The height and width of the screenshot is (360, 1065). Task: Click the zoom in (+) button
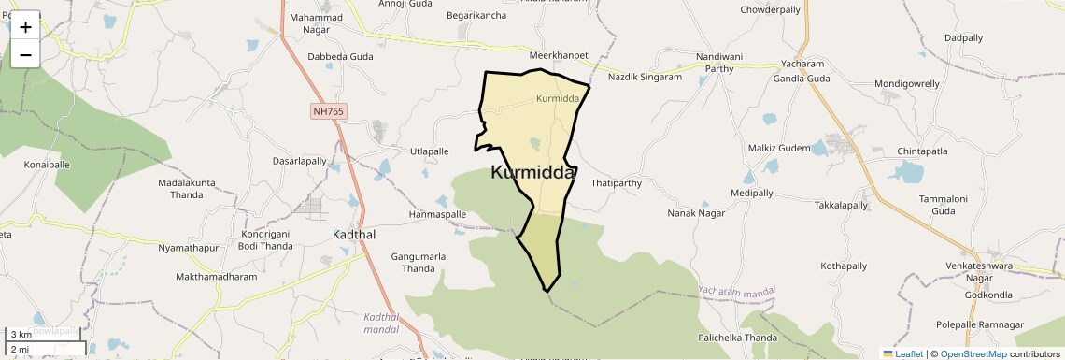coord(25,27)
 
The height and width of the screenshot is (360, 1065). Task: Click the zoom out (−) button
coord(25,55)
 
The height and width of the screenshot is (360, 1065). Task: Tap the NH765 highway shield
coord(328,111)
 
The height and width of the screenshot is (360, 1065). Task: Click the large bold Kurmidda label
coord(532,172)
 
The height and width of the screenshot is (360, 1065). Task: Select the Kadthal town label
coord(354,235)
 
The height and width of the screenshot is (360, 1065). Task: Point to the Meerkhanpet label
coord(558,55)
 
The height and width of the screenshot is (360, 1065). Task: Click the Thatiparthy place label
coord(617,183)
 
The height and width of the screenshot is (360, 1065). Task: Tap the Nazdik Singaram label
coord(645,77)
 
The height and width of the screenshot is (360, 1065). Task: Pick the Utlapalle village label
coord(430,151)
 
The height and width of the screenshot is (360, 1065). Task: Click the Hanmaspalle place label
coord(437,214)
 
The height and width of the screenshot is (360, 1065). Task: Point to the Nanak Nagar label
coord(696,214)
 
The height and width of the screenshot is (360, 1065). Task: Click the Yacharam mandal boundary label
coord(737,293)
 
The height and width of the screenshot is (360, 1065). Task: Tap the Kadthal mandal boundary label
coord(381,323)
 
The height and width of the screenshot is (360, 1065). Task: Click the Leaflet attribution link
coord(902,353)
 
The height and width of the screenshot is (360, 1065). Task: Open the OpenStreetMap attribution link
coord(973,353)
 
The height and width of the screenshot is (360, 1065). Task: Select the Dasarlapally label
coord(299,161)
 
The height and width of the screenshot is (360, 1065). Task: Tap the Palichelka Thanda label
coord(737,338)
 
